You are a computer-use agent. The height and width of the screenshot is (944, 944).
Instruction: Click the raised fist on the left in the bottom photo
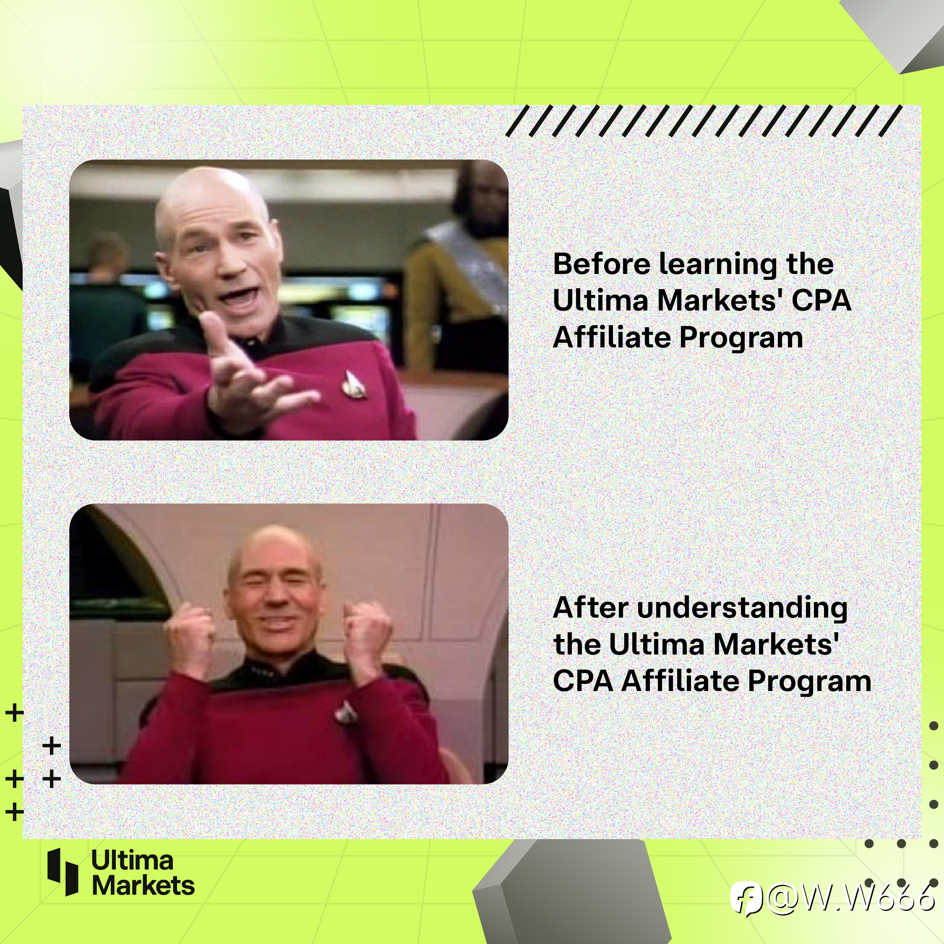[x=190, y=635]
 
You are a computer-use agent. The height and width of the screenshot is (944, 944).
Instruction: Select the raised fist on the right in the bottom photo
[x=367, y=633]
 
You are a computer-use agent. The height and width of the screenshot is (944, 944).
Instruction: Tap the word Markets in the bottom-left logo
[x=143, y=885]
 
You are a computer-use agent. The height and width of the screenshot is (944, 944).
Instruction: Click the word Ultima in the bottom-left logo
[x=132, y=860]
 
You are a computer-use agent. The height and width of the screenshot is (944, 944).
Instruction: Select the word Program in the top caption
[x=741, y=339]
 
